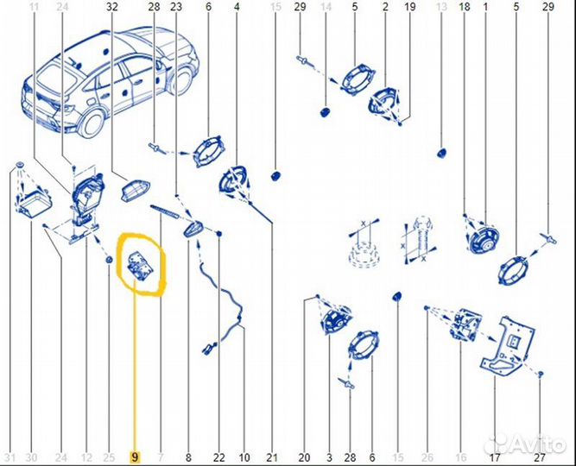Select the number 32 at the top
pos(112,7)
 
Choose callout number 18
pos(465,7)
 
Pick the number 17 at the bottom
pos(495,457)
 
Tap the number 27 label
pos(539,457)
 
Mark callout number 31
pos(9,457)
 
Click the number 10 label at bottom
pos(244,457)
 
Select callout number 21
pos(273,457)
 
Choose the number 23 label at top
pos(176,7)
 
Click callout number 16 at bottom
pos(461,457)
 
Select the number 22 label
pos(219,457)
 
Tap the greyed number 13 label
pos(441,7)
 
